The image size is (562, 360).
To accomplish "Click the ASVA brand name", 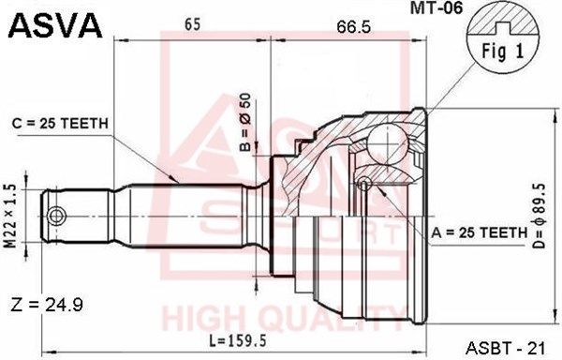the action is pos(55,25).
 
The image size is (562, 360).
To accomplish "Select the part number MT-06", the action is pos(436,7).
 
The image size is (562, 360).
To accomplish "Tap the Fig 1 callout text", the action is pos(502,51).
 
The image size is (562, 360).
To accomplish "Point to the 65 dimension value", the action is pos(192,24).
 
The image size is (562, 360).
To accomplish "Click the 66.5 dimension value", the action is pos(353,27).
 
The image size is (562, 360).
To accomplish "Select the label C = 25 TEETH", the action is pos(60,124).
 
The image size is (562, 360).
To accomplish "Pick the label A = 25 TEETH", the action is pos(480,233).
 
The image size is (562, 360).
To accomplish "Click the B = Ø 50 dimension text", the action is pos(245,122).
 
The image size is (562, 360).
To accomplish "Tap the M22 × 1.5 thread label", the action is pos(11,216).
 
